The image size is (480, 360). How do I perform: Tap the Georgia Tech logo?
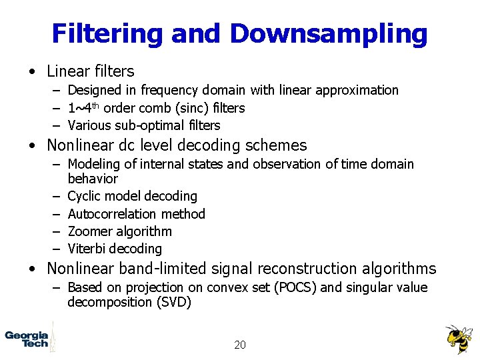tap(27, 339)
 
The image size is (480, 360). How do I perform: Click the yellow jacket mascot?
tap(459, 339)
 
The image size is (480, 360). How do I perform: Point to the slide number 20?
tap(240, 345)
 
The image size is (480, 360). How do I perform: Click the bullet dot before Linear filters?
tap(33, 71)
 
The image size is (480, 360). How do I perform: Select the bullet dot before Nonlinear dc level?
tap(33, 145)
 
